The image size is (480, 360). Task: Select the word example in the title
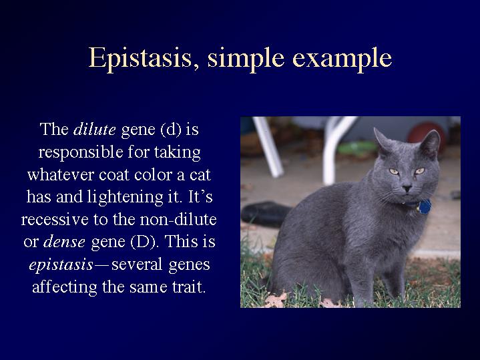(x=342, y=59)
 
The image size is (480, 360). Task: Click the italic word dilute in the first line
(x=94, y=130)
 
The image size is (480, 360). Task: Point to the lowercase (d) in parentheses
(x=171, y=130)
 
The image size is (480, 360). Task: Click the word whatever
(x=60, y=174)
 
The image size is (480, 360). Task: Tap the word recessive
(x=55, y=220)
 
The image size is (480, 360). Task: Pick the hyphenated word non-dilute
(x=178, y=219)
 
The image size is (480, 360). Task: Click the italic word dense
(x=64, y=242)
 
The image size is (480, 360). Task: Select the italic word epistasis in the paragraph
(x=61, y=265)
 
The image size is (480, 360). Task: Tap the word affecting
(x=64, y=287)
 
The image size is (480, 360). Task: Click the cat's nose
(x=407, y=188)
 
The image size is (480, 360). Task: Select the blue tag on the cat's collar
(x=425, y=207)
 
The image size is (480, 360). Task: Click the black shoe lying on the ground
(x=266, y=214)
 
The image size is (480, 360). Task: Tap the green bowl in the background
(x=357, y=148)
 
